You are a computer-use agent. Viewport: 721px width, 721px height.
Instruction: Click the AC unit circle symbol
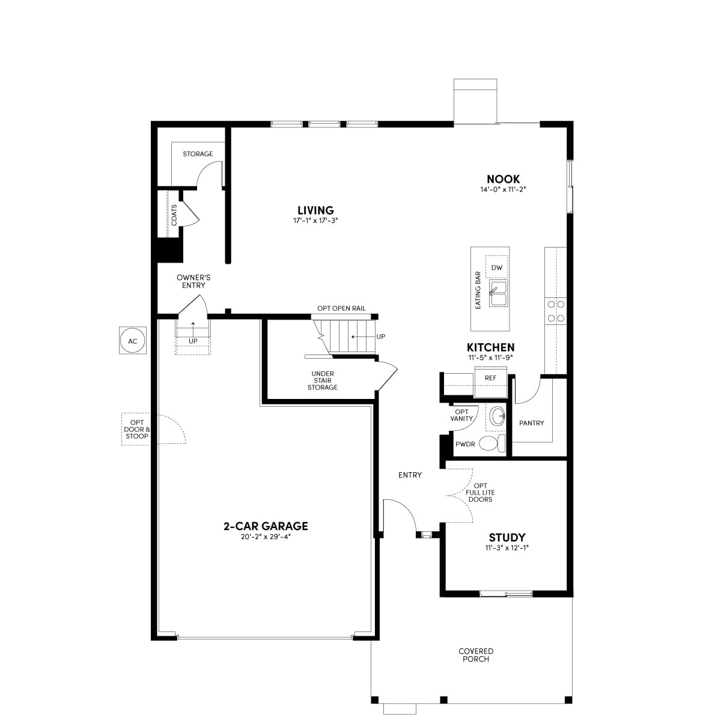132,341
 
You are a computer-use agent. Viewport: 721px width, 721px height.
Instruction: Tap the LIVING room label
315,210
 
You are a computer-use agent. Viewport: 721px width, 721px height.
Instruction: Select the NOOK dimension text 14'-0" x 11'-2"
503,189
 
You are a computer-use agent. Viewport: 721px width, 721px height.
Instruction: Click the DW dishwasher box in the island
496,267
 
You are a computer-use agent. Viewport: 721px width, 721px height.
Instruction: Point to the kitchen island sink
498,293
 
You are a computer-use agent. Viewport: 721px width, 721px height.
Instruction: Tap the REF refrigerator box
490,382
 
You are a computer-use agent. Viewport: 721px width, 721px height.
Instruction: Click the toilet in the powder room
492,443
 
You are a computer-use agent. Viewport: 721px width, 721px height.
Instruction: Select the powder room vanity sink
497,416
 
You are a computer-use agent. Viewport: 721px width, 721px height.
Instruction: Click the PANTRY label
531,423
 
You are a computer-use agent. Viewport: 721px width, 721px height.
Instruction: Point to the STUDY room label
507,537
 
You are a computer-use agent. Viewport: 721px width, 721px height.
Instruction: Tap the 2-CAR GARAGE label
266,526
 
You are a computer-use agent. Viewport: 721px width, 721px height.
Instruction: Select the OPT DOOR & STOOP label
136,429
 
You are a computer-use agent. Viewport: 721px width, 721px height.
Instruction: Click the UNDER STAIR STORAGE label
323,380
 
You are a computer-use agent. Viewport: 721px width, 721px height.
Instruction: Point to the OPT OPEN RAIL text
341,308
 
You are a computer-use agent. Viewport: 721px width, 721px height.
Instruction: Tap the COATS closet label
174,214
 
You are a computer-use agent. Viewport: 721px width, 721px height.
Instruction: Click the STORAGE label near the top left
198,154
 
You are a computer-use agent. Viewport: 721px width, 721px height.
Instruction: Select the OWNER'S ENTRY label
193,281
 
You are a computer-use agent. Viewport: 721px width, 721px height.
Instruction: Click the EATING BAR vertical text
478,290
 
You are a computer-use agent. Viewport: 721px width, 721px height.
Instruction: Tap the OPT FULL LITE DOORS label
480,493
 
